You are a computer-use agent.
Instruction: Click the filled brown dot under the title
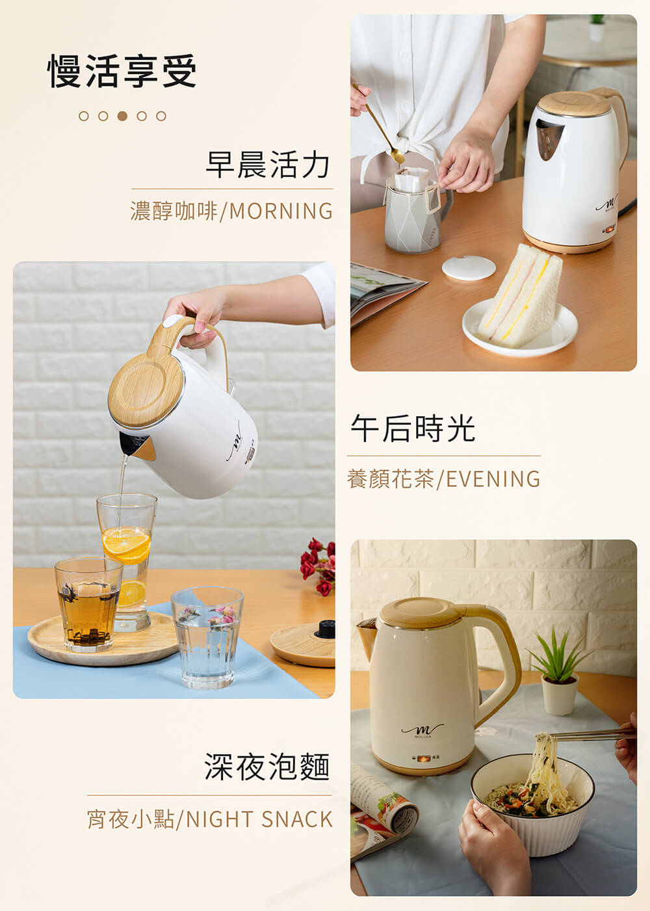coord(122,116)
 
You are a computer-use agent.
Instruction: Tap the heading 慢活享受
coord(122,71)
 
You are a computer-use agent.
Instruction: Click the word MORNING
coord(281,211)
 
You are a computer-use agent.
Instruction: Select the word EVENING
coord(493,479)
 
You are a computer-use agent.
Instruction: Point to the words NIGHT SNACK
coord(259,819)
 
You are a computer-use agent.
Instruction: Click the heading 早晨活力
coord(268,165)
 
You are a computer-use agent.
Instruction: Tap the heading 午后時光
coord(413,429)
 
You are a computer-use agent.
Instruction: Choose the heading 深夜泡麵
coord(267,766)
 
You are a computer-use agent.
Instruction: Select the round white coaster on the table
coord(469,268)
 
